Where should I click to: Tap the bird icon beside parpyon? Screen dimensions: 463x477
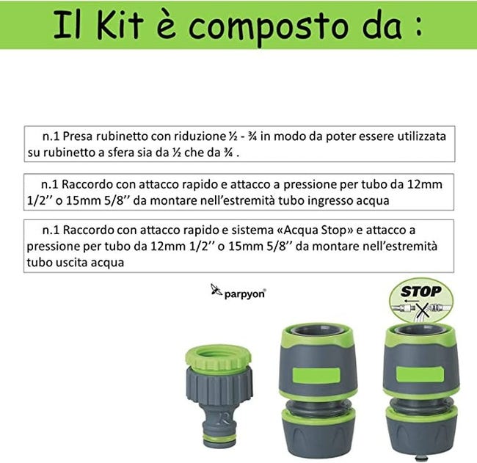[x=216, y=290]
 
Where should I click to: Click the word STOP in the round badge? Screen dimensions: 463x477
[x=421, y=291]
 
